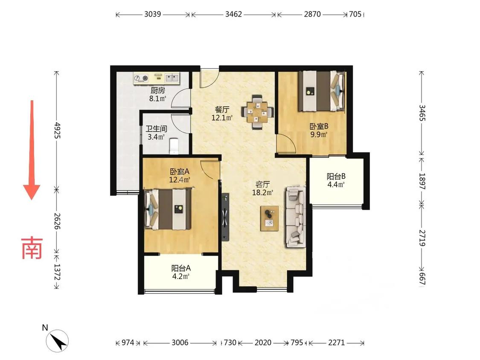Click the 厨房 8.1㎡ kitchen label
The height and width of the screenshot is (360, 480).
pyautogui.click(x=157, y=94)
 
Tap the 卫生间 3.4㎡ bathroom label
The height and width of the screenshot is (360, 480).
pyautogui.click(x=156, y=133)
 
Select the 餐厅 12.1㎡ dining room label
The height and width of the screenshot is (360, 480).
pyautogui.click(x=222, y=113)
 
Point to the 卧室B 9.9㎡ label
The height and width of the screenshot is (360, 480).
pyautogui.click(x=319, y=130)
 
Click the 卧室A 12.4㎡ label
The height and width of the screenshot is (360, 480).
pyautogui.click(x=180, y=175)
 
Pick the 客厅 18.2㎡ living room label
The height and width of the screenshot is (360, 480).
pyautogui.click(x=263, y=188)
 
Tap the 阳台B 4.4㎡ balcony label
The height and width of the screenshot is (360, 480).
pyautogui.click(x=336, y=180)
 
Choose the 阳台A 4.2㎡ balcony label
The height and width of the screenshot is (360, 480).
pyautogui.click(x=180, y=272)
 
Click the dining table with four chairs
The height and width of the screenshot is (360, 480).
pyautogui.click(x=257, y=112)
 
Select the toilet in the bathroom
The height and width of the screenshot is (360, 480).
pyautogui.click(x=174, y=146)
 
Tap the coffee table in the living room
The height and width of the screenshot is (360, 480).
pyautogui.click(x=269, y=218)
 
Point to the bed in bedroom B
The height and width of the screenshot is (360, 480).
pyautogui.click(x=322, y=91)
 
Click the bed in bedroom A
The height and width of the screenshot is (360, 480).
pyautogui.click(x=168, y=209)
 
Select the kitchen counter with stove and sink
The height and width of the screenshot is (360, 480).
pyautogui.click(x=156, y=78)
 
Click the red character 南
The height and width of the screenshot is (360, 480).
pyautogui.click(x=32, y=248)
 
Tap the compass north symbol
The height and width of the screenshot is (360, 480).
pyautogui.click(x=57, y=340)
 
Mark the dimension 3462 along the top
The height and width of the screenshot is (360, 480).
pyautogui.click(x=233, y=14)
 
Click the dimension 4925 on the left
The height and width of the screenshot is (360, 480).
pyautogui.click(x=57, y=131)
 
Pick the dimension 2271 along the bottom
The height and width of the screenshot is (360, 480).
pyautogui.click(x=337, y=343)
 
